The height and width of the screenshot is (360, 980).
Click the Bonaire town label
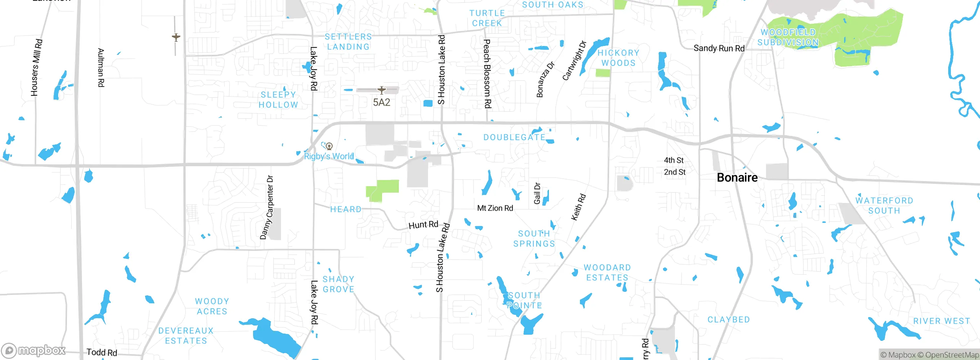[x=737, y=178]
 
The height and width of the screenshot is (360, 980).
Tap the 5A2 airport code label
[x=381, y=102]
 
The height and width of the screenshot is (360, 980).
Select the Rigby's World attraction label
[x=329, y=156]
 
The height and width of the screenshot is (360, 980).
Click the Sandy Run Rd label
[x=719, y=48]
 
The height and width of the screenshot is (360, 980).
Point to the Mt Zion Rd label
[x=495, y=208]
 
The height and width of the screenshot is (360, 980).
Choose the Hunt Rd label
[x=423, y=225]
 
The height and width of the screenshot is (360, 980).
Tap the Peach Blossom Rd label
[x=487, y=74]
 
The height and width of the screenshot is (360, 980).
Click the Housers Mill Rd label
[x=36, y=67]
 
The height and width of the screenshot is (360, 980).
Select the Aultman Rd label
[x=101, y=67]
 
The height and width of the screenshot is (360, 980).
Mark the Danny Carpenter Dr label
[x=267, y=207]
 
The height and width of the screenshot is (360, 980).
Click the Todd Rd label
[x=101, y=352]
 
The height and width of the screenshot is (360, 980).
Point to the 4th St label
[x=673, y=160]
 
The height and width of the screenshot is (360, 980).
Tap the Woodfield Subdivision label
[x=788, y=38]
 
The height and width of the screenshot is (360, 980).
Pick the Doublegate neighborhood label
[x=514, y=137]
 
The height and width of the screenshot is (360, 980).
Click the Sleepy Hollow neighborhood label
[x=278, y=100]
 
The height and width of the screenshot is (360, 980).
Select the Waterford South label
[x=884, y=206]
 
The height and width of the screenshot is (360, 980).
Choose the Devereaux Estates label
[x=186, y=335]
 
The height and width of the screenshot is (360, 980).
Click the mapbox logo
[x=34, y=350]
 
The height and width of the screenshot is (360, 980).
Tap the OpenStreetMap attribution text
[x=951, y=355]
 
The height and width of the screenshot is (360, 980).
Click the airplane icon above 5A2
[x=381, y=90]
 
